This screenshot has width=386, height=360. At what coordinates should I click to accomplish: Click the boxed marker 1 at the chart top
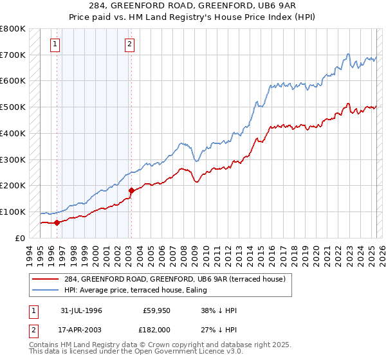click(x=55, y=44)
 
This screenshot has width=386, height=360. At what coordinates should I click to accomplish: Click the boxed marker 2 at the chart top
click(x=129, y=44)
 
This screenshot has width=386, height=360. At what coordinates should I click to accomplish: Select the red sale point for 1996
click(x=57, y=222)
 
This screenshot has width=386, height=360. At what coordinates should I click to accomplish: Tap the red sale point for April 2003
click(x=131, y=190)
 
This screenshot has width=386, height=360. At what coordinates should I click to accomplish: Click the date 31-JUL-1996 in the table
click(x=82, y=310)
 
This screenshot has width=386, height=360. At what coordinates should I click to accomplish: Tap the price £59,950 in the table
click(x=156, y=310)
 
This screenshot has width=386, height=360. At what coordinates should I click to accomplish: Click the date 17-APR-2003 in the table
click(x=82, y=328)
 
